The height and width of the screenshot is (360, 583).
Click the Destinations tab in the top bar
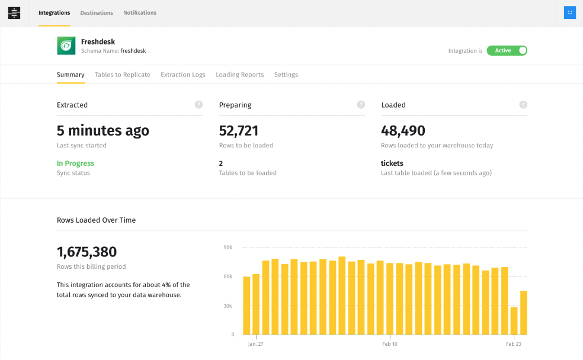coord(97,13)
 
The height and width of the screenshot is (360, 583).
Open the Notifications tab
coord(140,13)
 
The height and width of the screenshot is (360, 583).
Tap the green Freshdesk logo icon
coord(66,46)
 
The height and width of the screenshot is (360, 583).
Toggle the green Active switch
coord(507,50)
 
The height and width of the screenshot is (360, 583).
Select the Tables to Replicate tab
coord(123,75)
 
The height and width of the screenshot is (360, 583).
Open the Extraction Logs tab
coord(183,75)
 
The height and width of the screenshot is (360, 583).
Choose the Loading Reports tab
coord(240,75)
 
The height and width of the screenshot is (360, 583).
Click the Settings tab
coord(286,75)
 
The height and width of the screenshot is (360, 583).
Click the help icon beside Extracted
coord(198,105)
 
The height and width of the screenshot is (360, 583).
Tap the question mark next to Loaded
coord(523,105)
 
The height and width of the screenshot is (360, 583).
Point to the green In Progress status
coord(75,163)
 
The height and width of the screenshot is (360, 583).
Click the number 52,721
coord(239,131)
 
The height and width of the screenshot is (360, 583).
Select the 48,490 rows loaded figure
coord(403,131)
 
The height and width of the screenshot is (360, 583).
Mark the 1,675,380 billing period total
coord(87,252)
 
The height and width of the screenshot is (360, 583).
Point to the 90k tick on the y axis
coord(228,247)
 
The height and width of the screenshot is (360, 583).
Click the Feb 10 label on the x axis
coord(390,344)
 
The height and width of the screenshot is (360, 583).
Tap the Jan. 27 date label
coord(256,344)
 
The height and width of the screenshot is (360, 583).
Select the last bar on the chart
coord(523,313)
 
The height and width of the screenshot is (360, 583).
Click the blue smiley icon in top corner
coord(569,12)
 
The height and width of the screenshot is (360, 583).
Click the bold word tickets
coord(392,163)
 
